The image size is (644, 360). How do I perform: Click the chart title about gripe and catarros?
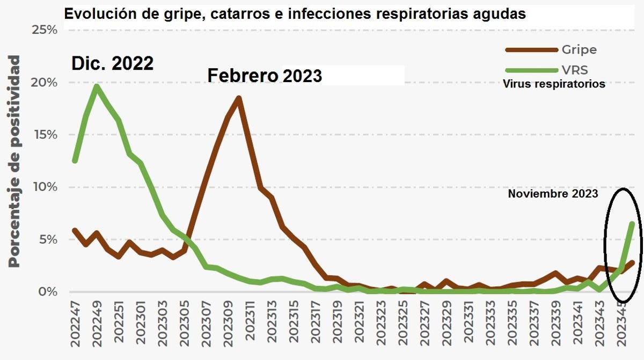295,14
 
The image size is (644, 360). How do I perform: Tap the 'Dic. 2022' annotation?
113,64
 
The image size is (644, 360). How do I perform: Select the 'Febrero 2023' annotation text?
265,76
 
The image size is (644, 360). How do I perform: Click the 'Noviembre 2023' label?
553,194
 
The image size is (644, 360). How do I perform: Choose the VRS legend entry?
574,70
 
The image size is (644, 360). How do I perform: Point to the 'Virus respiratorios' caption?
553,84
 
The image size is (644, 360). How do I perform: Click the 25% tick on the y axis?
44,30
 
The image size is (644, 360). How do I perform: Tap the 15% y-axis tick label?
44,135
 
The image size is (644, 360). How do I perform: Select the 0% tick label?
47,292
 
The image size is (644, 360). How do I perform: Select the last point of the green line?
633,223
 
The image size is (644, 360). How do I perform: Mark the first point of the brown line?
75,230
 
